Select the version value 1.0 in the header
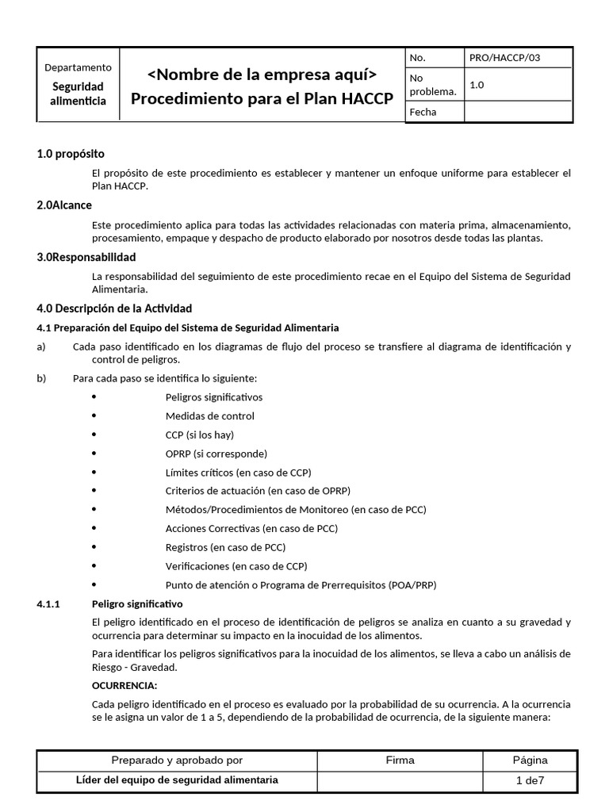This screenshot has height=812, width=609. [x=477, y=85]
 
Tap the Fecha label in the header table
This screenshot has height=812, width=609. [x=423, y=112]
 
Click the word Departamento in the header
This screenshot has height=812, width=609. [x=78, y=67]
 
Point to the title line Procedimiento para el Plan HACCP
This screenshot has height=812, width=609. [x=262, y=99]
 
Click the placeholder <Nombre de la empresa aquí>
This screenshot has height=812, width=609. [x=262, y=75]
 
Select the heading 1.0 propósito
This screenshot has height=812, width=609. [x=71, y=154]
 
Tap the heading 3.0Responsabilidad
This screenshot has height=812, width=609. [x=86, y=257]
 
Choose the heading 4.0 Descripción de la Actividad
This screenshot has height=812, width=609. [x=114, y=308]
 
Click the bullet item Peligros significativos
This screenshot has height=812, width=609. [x=213, y=397]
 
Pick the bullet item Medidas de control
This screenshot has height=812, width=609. [x=209, y=416]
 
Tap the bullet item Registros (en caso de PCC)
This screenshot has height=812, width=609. [x=225, y=547]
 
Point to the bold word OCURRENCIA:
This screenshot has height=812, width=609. [x=124, y=685]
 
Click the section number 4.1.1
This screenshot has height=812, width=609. [x=48, y=604]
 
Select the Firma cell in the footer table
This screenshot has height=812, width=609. [x=400, y=760]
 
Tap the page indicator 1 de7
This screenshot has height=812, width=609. [x=530, y=780]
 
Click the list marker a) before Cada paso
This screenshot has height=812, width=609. [x=41, y=347]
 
